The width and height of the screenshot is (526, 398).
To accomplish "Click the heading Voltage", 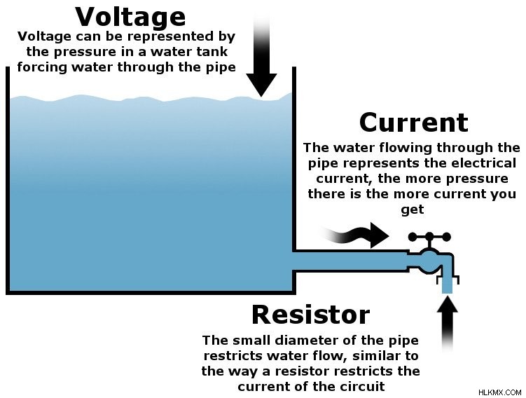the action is tap(130, 17).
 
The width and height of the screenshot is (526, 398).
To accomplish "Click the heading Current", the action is tap(414, 123).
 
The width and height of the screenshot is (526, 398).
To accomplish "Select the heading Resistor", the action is tap(311, 315).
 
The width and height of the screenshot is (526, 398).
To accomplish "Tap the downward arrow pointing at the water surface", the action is tap(261, 57).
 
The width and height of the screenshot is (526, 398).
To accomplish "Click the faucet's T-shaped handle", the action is tap(430, 240).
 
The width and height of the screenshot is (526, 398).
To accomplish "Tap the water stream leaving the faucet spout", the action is tap(447, 284).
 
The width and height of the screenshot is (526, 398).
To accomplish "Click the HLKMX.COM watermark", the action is tap(499, 392).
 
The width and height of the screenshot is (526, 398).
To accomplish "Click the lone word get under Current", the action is tap(413, 210).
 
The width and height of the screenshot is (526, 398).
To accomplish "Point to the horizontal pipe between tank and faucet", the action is tap(352, 261).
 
